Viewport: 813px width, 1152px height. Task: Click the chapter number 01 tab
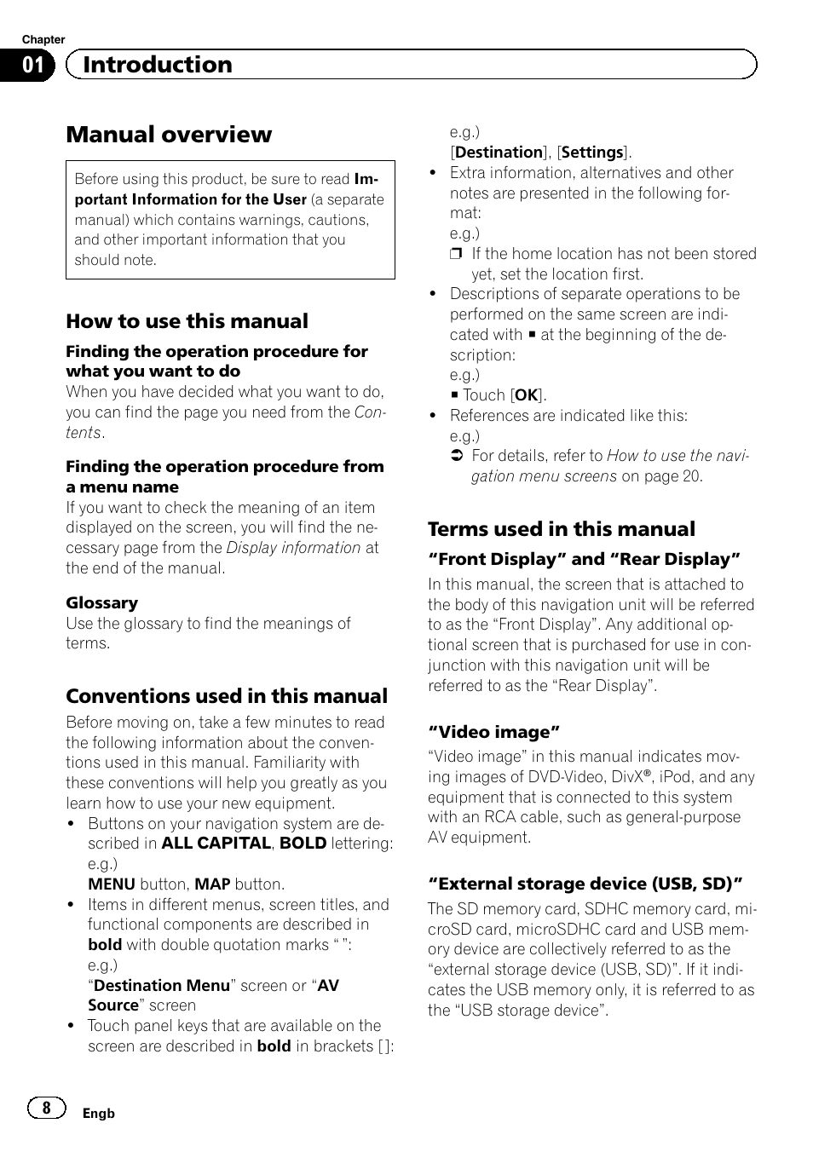(33, 66)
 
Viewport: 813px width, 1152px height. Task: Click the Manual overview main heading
(169, 135)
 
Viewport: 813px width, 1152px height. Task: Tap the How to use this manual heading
(187, 321)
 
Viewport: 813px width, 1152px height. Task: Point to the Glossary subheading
(101, 602)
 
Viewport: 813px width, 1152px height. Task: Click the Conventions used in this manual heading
(227, 696)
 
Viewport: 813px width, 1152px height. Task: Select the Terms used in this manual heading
(561, 529)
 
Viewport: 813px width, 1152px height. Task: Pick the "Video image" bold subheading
(493, 732)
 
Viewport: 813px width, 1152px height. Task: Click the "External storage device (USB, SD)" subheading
(585, 884)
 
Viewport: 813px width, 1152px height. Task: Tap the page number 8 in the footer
(47, 1108)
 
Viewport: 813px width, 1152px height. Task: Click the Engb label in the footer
(98, 1114)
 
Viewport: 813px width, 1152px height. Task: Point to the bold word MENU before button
(112, 884)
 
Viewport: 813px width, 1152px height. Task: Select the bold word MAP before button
(212, 884)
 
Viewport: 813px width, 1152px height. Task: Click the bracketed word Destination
(499, 153)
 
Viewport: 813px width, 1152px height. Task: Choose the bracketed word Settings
(592, 153)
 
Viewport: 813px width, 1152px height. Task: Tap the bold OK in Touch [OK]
(527, 395)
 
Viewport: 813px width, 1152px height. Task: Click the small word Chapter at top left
(43, 40)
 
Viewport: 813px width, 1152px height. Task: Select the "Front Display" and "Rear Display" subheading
(584, 560)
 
